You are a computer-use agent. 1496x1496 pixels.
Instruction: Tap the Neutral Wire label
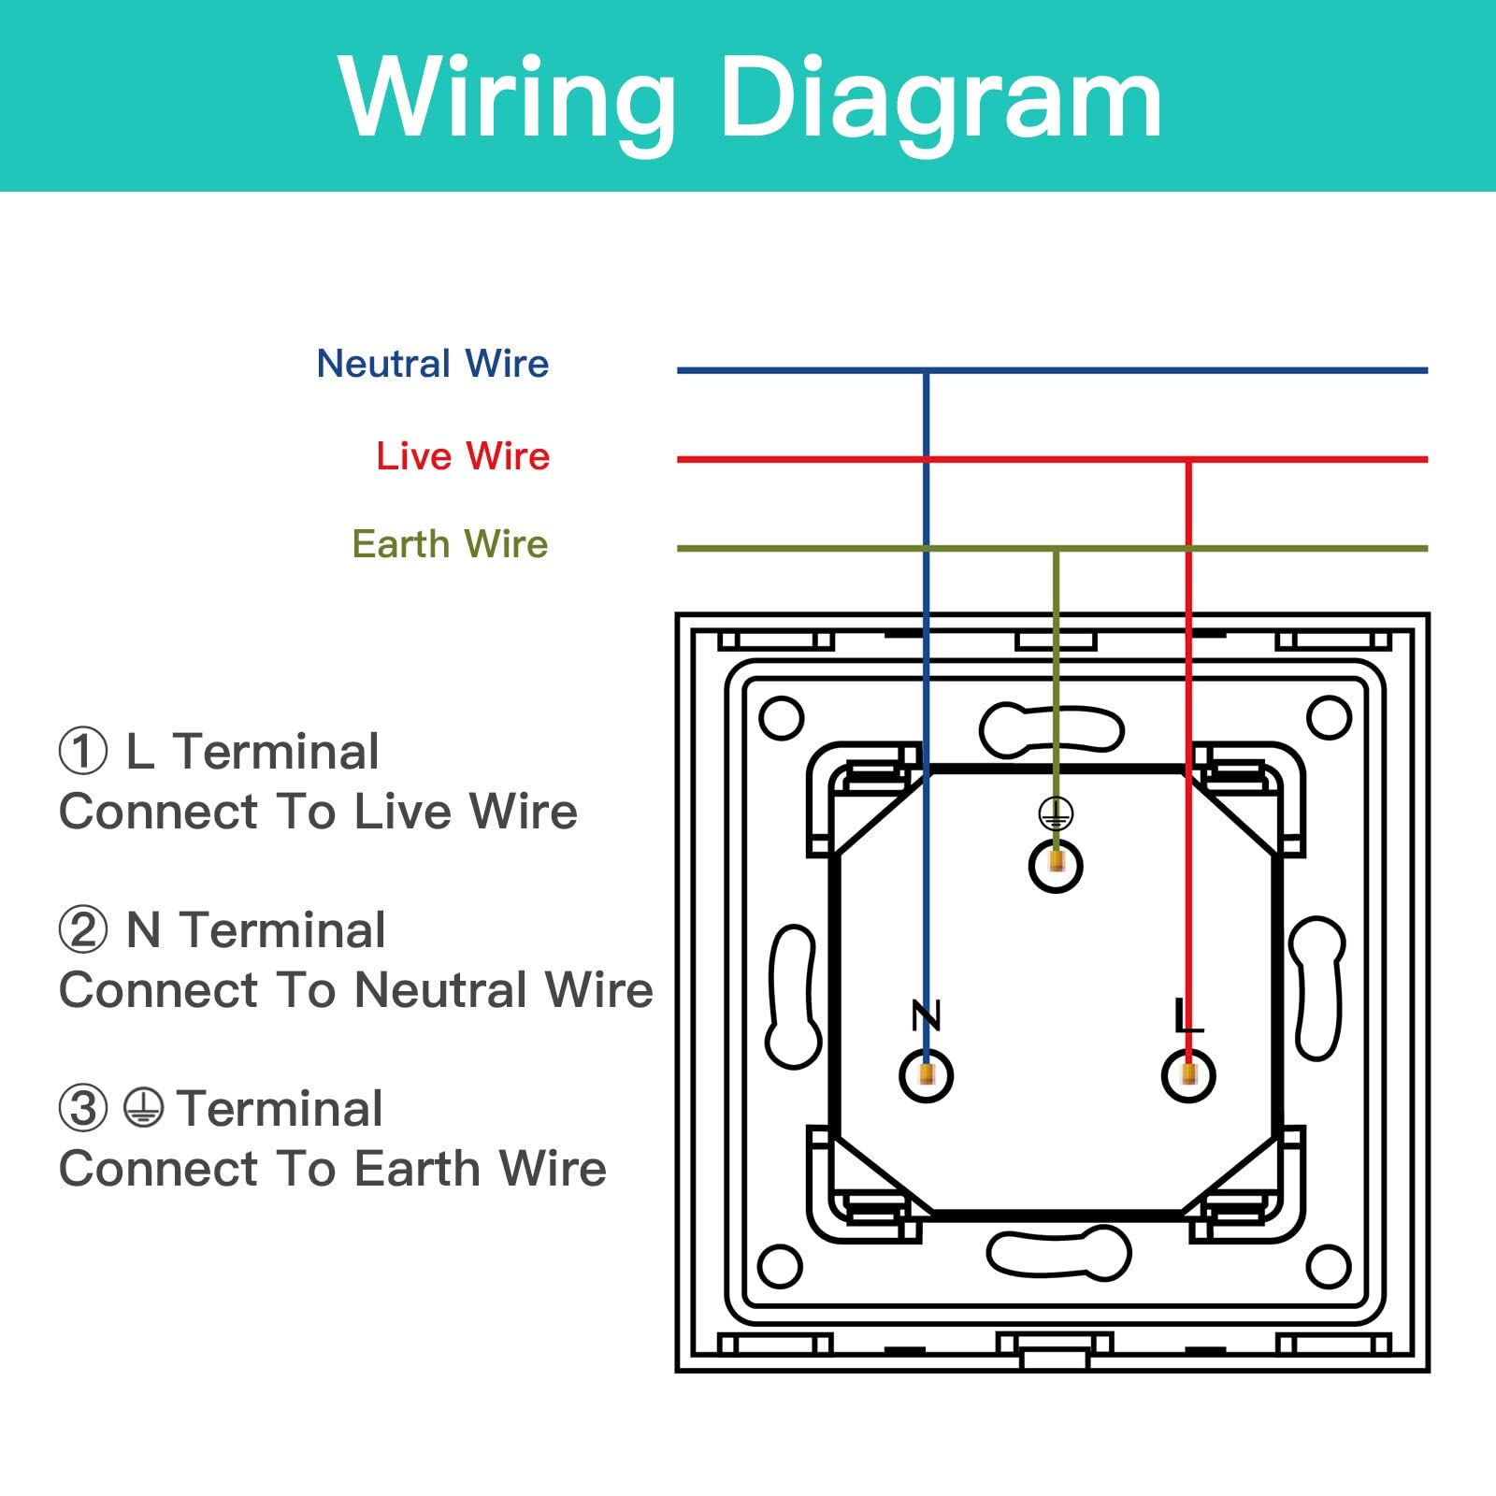coord(433,363)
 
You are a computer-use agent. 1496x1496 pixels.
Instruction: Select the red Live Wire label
coord(463,455)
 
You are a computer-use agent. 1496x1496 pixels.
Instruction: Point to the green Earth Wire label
coord(450,543)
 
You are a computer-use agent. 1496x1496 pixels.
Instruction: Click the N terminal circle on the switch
coord(926,1075)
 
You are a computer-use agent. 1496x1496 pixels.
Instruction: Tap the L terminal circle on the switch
coord(1188,1075)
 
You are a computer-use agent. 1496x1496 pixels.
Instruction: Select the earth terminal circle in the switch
coord(1056,866)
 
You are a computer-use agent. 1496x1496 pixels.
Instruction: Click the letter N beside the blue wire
coord(926,1014)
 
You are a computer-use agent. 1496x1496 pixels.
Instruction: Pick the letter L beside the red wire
coord(1188,1014)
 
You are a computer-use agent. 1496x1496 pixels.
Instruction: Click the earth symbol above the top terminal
coord(1056,813)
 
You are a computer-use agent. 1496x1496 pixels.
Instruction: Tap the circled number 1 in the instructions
coord(83,752)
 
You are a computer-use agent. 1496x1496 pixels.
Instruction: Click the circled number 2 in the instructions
coord(83,930)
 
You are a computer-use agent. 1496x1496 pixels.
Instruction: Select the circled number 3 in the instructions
coord(83,1109)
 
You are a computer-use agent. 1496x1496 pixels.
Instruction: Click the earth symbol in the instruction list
coord(143,1108)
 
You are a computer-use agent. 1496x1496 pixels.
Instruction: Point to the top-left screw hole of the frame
coord(782,718)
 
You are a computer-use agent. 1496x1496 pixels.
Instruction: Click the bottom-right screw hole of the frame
coord(1329,1267)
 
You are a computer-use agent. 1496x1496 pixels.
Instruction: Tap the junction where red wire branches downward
coord(1188,460)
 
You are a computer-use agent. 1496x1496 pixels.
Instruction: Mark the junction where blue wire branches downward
coord(926,371)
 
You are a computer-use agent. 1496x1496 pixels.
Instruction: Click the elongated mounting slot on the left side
coord(794,997)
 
